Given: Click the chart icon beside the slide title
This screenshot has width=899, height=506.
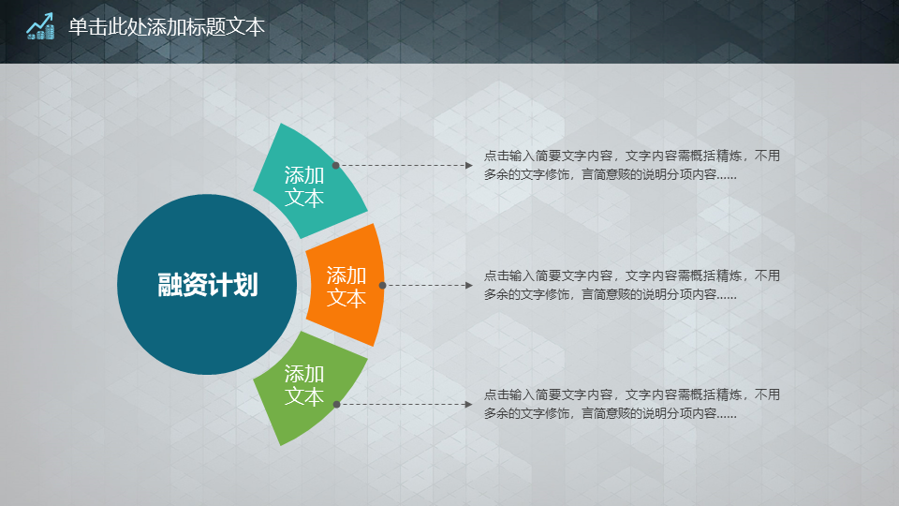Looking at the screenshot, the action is [40, 26].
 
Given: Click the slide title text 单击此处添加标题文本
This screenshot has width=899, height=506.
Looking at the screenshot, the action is [167, 27].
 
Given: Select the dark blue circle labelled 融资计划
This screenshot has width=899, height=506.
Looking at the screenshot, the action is [207, 285].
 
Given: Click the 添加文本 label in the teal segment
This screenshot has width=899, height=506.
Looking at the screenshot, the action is [304, 186].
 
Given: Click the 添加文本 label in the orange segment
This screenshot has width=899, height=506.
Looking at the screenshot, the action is [346, 287].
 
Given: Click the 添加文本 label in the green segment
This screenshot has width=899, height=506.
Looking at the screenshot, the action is [304, 385].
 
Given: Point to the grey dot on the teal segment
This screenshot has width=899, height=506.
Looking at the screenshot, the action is [336, 165].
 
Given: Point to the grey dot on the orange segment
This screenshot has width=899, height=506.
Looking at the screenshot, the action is [382, 285].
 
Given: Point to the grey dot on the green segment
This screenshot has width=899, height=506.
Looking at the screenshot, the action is [336, 405].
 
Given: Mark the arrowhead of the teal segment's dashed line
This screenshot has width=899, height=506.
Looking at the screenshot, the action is [469, 165].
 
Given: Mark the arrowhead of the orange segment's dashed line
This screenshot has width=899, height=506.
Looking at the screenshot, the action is [469, 285].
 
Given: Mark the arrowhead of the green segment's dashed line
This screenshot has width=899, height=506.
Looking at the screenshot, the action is [469, 405].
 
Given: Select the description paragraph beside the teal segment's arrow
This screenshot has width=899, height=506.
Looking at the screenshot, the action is [632, 165].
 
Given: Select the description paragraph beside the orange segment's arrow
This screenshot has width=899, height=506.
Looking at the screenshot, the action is [632, 285].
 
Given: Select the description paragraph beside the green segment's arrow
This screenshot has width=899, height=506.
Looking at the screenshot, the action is [632, 404].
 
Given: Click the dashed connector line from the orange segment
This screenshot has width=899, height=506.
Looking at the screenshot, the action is [426, 285].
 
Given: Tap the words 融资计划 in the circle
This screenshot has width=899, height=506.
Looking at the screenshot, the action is [208, 285].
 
